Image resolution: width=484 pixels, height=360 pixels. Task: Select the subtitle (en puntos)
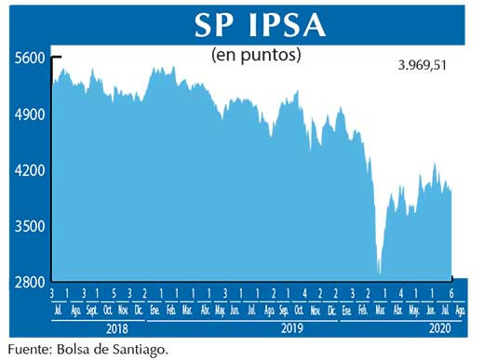(257, 55)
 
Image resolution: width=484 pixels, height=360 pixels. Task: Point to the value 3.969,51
(429, 67)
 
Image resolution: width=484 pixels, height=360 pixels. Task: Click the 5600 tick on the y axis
(30, 58)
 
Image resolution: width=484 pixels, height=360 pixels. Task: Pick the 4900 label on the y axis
(30, 114)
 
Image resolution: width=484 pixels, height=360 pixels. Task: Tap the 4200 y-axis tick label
(30, 171)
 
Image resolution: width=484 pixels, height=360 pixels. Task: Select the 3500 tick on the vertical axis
(30, 226)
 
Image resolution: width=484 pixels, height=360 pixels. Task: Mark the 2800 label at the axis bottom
(30, 282)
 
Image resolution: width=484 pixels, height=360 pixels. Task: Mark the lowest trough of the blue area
(379, 273)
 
